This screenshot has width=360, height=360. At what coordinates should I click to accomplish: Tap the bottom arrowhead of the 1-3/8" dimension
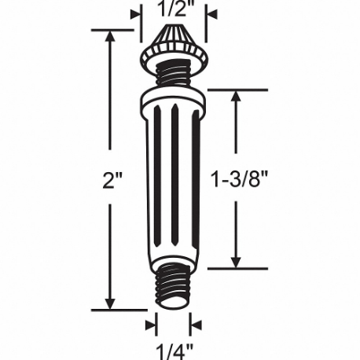click(235, 261)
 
